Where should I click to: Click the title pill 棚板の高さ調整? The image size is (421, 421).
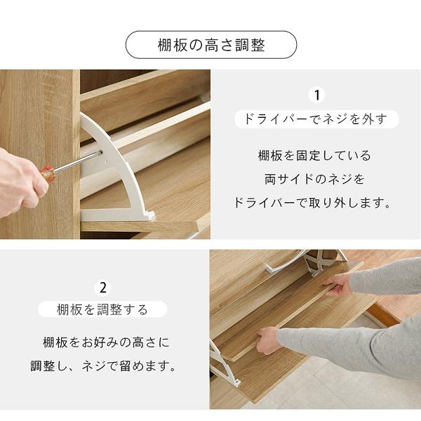pyautogui.click(x=210, y=46)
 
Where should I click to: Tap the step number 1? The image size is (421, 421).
pyautogui.click(x=316, y=95)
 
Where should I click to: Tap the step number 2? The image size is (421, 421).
pyautogui.click(x=103, y=287)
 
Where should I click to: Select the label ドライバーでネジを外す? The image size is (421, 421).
pyautogui.click(x=315, y=119)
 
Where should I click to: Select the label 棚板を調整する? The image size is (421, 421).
pyautogui.click(x=103, y=309)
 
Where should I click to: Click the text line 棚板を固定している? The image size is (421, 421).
pyautogui.click(x=314, y=156)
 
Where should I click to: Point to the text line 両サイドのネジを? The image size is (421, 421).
pyautogui.click(x=314, y=180)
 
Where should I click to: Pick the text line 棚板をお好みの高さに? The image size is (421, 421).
pyautogui.click(x=105, y=343)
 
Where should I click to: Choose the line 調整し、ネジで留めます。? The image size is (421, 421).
pyautogui.click(x=103, y=366)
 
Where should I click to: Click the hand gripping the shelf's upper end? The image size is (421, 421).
pyautogui.click(x=339, y=284)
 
